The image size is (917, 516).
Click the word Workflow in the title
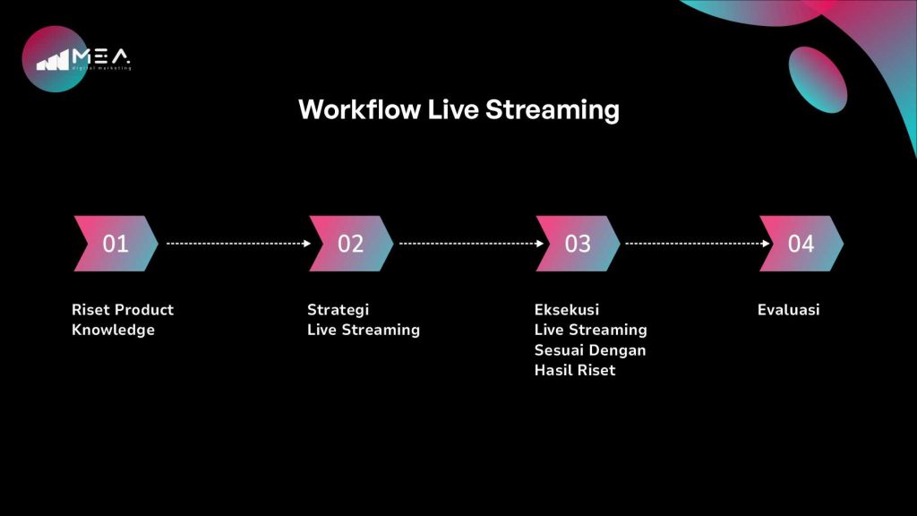pos(359,109)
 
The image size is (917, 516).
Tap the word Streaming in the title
pos(552,110)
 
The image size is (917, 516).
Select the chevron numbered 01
pos(116,244)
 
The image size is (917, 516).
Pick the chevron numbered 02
pos(351,244)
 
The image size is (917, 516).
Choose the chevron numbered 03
pos(578,244)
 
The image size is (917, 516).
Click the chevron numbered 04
pos(801,244)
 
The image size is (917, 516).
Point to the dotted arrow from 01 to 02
pos(238,244)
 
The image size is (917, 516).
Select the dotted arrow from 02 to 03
pos(471,244)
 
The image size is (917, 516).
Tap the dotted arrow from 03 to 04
pos(698,244)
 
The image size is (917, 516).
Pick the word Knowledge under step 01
pos(114,330)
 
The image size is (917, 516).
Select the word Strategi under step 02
pos(338,310)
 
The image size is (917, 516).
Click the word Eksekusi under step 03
pos(567,309)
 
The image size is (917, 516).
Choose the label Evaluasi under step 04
pos(788,309)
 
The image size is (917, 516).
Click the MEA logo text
pos(100,56)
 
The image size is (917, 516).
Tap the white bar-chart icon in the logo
pos(53,60)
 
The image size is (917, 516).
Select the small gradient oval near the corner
pos(818,80)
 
